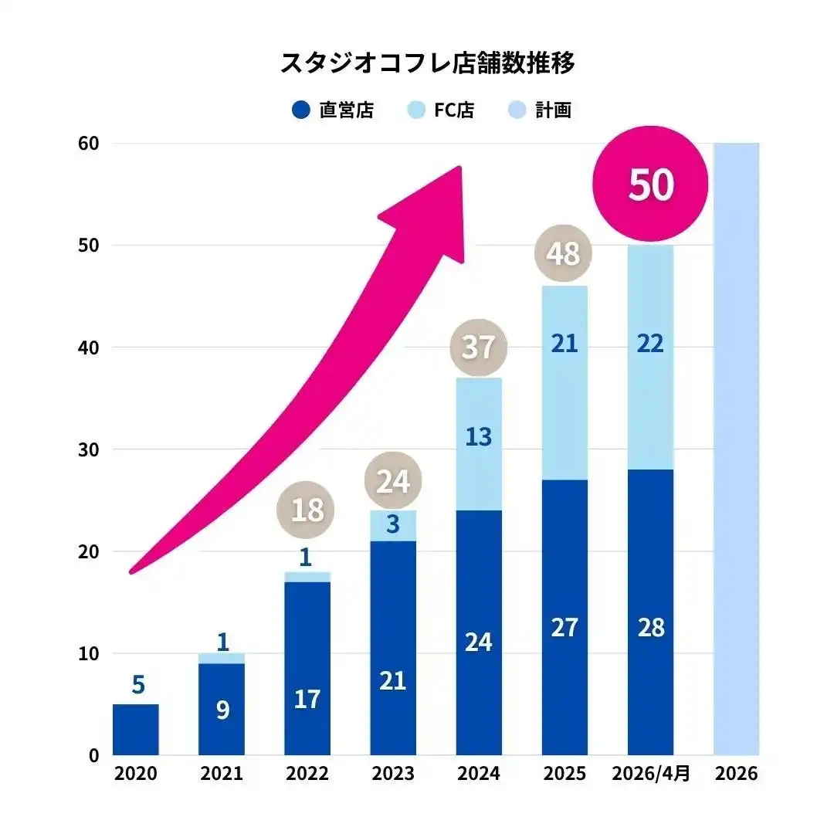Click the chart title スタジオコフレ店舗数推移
427,63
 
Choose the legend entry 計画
541,110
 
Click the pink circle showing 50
650,185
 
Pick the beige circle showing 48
564,253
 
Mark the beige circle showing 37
478,346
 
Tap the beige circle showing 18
307,510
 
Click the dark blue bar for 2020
136,729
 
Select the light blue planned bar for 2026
736,448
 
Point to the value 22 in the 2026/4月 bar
650,344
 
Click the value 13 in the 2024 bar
478,437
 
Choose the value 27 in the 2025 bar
564,627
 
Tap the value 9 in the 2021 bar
222,710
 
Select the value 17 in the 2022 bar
307,700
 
